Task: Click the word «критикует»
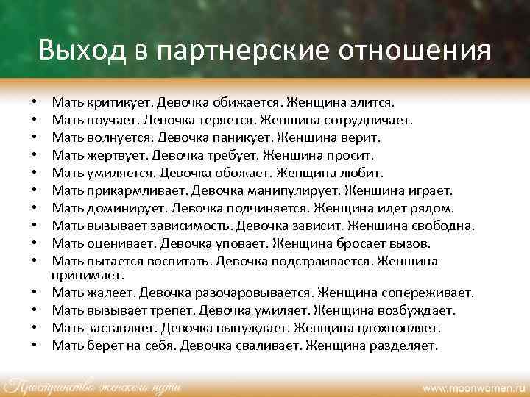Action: click(108, 102)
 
